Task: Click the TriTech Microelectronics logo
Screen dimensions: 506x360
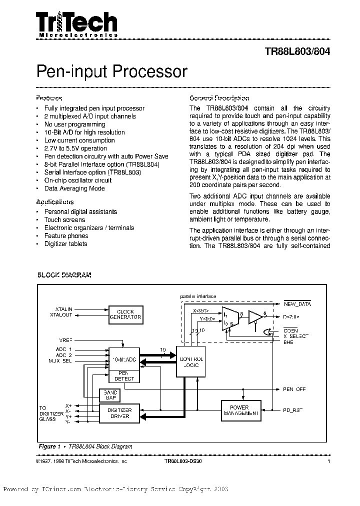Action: (x=76, y=24)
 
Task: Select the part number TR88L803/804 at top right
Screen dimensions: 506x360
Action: (x=297, y=51)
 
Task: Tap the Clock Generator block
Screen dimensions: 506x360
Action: (x=125, y=314)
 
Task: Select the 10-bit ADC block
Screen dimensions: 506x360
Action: (x=124, y=359)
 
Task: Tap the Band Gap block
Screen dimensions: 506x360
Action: (x=110, y=394)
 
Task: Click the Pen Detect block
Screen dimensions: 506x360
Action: (x=124, y=375)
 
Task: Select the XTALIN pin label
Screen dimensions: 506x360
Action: (x=64, y=309)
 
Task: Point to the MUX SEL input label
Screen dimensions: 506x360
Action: (x=60, y=360)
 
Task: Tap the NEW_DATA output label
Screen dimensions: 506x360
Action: (x=297, y=303)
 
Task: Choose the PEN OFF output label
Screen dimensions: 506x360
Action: (x=294, y=389)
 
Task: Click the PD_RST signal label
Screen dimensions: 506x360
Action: (x=292, y=409)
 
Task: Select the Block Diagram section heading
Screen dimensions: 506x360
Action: (x=64, y=275)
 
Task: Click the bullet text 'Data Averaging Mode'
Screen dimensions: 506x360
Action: (x=74, y=188)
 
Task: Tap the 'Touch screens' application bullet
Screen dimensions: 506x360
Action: (x=64, y=219)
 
